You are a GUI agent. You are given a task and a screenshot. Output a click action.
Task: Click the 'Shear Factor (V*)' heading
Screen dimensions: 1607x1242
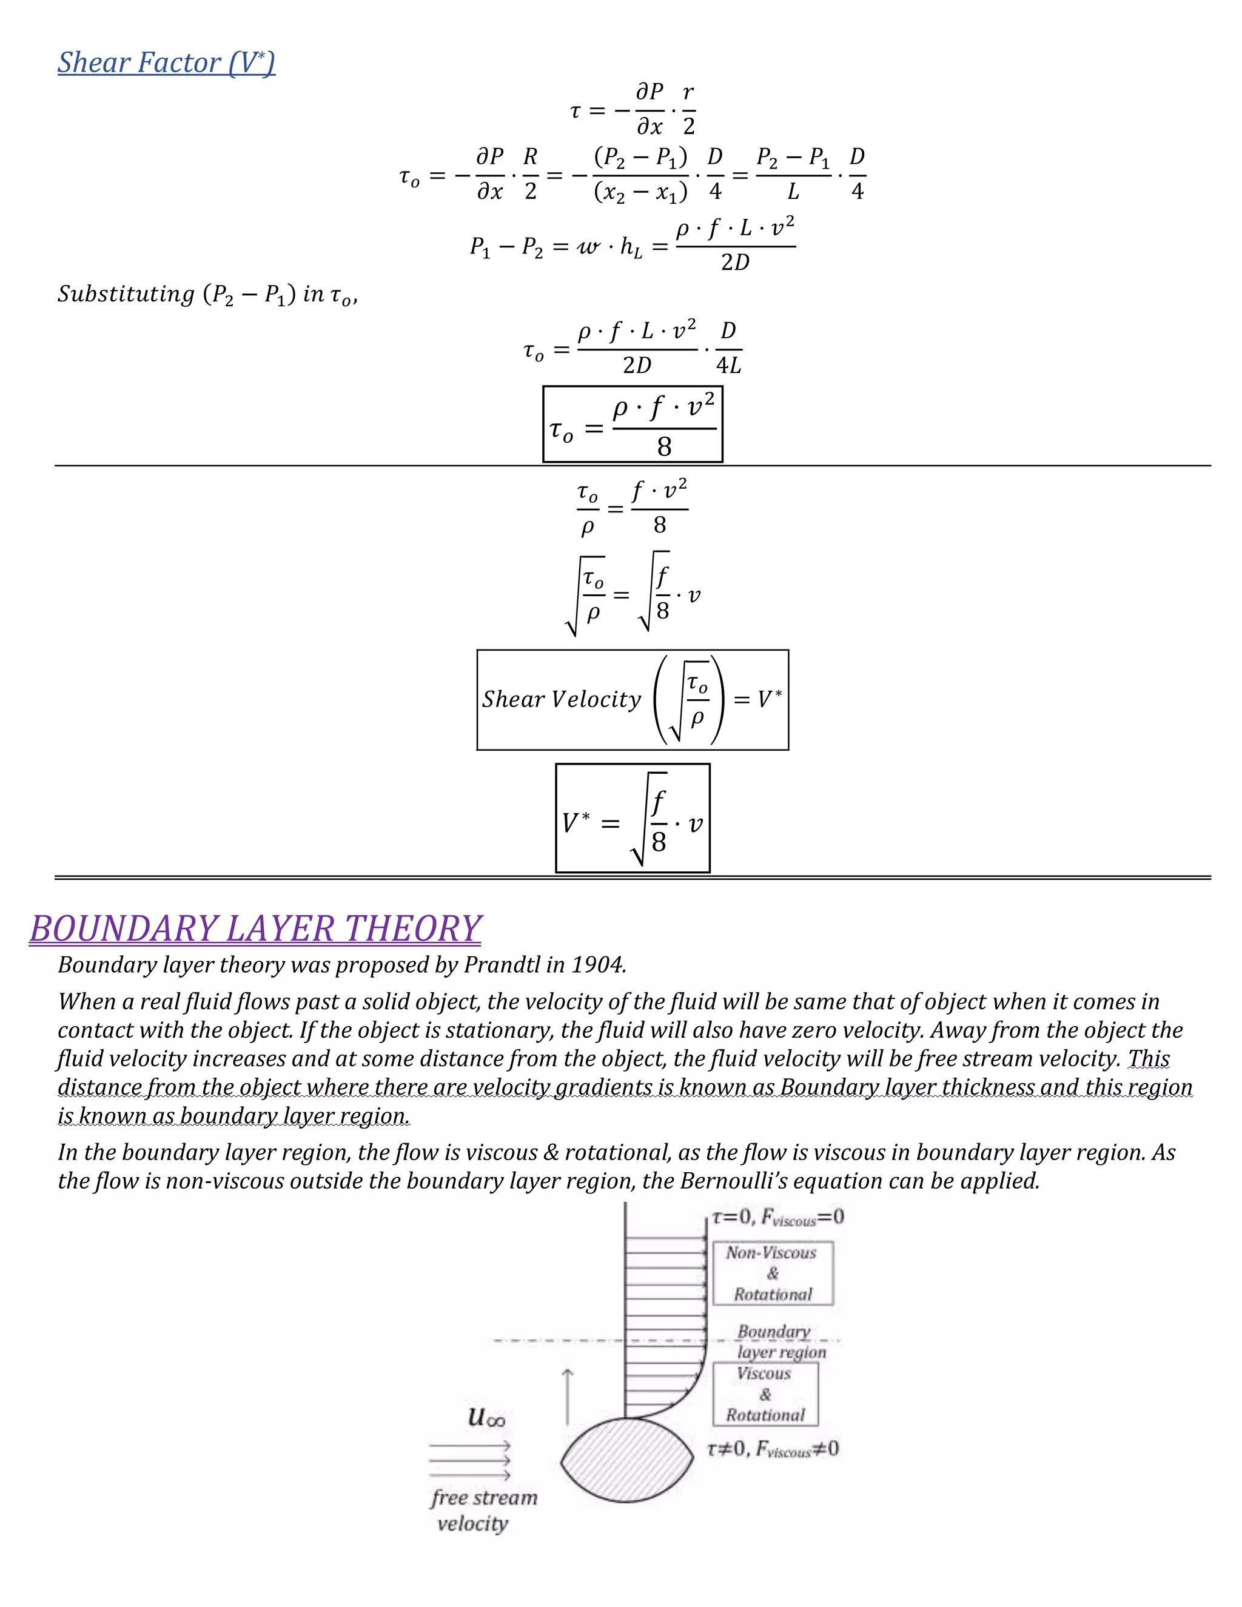tap(166, 62)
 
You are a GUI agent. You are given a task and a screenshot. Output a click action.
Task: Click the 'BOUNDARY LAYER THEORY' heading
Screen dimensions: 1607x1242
tap(255, 928)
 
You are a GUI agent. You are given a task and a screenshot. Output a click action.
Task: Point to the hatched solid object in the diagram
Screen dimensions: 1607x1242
tap(627, 1461)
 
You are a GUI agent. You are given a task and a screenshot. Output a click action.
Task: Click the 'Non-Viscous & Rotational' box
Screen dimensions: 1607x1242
tap(773, 1273)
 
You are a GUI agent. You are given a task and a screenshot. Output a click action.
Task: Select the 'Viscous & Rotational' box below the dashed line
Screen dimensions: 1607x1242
tap(765, 1394)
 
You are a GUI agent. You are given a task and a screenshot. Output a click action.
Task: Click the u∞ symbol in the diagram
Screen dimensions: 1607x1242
tap(486, 1417)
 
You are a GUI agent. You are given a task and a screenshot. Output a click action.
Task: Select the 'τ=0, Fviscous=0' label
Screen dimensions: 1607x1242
tap(777, 1218)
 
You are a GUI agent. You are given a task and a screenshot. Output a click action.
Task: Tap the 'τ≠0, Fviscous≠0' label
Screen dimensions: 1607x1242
tap(773, 1449)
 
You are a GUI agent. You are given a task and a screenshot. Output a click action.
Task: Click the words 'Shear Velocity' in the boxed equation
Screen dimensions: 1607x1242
tap(562, 699)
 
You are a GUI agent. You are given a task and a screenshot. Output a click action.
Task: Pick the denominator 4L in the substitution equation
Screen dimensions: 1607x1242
tap(728, 366)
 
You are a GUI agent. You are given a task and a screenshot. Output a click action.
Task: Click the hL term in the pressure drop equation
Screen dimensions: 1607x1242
tap(631, 247)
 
